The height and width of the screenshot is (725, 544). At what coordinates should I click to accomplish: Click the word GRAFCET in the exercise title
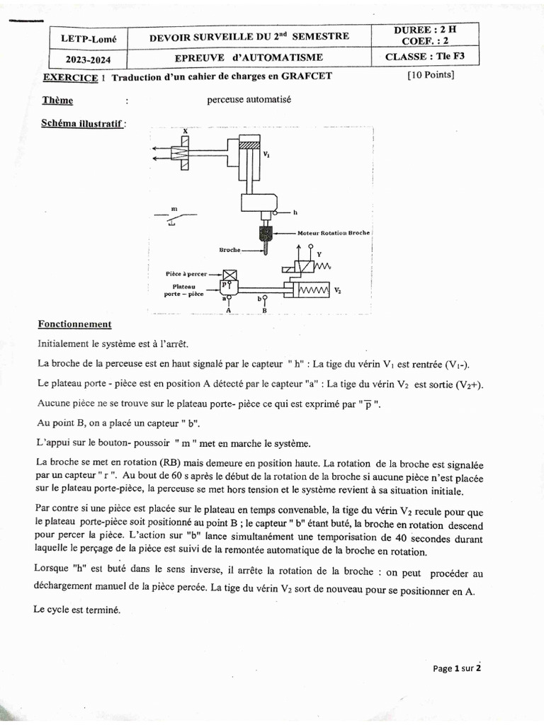click(x=307, y=76)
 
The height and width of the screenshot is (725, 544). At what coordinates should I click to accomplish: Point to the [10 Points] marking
click(x=431, y=75)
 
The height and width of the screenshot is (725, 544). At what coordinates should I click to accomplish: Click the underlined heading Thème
click(x=58, y=101)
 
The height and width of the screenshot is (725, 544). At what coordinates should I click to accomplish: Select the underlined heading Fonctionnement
click(x=74, y=324)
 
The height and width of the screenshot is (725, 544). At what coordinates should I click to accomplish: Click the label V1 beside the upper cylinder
click(x=266, y=154)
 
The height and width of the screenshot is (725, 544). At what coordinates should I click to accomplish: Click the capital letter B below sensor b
click(x=264, y=310)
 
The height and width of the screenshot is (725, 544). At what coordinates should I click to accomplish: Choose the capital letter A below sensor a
click(x=227, y=310)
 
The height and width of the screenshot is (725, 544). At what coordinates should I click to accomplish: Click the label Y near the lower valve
click(x=319, y=253)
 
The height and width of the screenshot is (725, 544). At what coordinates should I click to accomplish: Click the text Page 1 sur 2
click(x=458, y=668)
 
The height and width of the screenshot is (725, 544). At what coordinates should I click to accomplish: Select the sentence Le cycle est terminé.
click(x=77, y=609)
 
